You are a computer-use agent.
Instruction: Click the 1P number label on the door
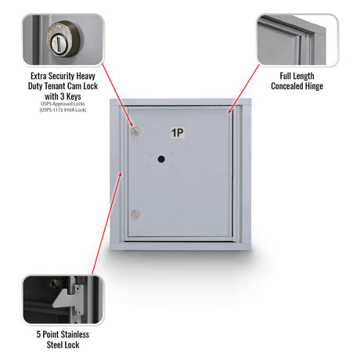(178, 132)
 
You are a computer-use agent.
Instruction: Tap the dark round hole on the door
(161, 159)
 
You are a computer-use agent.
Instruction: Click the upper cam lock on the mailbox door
(135, 131)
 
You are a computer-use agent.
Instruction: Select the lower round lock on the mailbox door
(135, 214)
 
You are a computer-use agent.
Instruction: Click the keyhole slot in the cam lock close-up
(58, 43)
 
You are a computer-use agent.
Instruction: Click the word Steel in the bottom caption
(54, 345)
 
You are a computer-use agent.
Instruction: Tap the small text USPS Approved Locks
(63, 104)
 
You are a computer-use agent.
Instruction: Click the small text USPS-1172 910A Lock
(63, 110)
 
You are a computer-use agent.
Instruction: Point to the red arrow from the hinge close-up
(244, 89)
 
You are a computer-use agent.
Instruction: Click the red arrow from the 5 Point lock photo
(106, 223)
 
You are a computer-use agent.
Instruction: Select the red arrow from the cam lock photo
(117, 95)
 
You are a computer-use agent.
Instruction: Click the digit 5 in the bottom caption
(38, 334)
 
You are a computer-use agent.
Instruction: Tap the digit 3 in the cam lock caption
(63, 96)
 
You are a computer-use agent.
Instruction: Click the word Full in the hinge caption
(286, 76)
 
